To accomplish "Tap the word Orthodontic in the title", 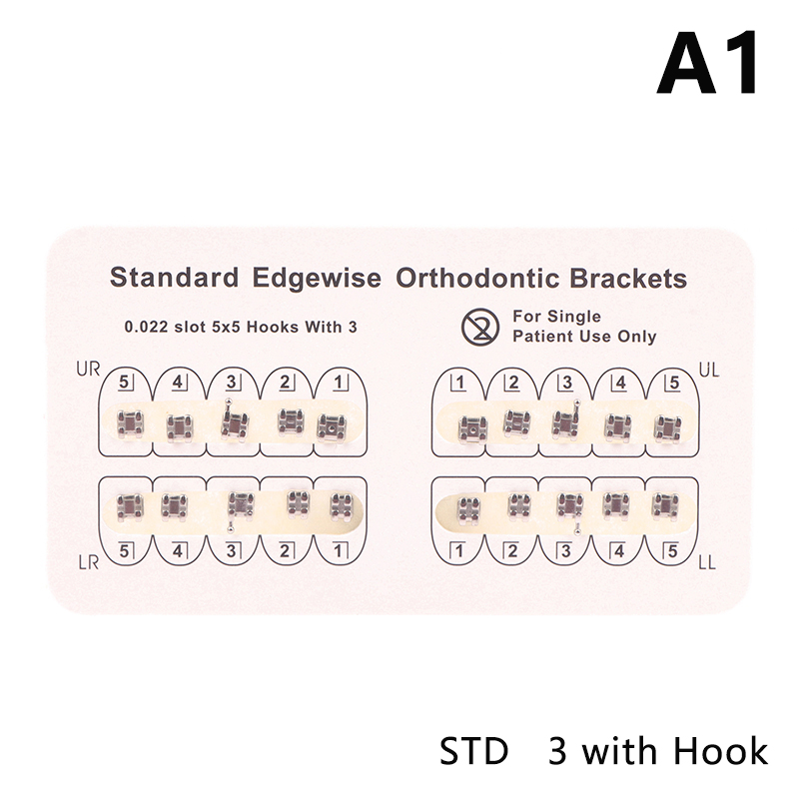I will click(x=472, y=278).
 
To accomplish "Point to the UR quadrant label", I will click(x=88, y=370).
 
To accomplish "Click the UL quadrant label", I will click(x=711, y=370).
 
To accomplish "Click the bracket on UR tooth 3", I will click(x=232, y=423).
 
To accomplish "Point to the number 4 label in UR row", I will click(x=177, y=382).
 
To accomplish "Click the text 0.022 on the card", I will click(x=147, y=326).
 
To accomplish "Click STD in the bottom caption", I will click(x=473, y=750).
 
